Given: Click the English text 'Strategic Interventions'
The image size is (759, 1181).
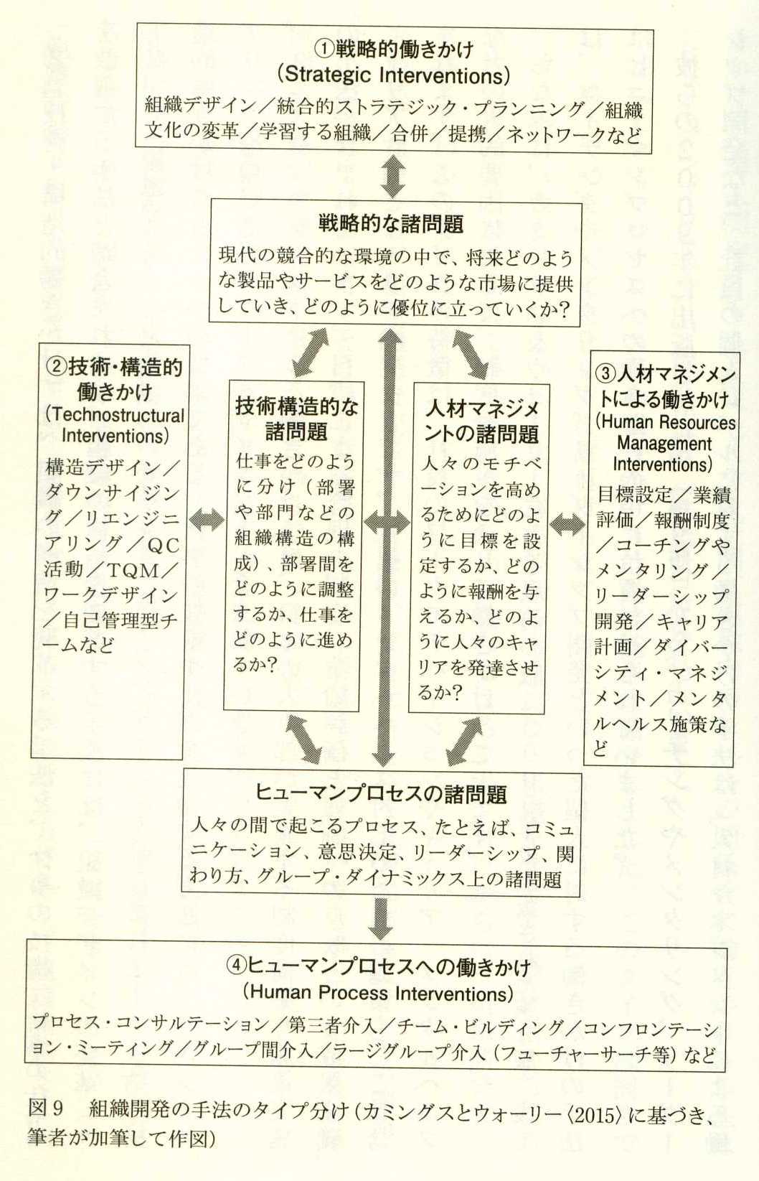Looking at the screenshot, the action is tap(393, 75).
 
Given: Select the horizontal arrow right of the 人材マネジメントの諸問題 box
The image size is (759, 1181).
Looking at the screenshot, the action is tap(567, 524).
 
